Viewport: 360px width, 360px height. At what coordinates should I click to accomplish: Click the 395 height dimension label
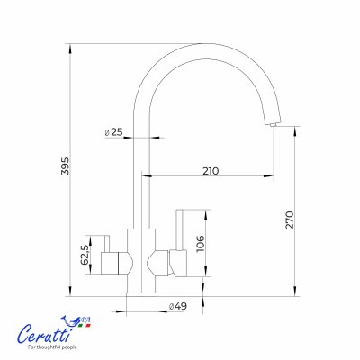pos(65,166)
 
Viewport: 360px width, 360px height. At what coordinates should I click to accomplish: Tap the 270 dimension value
pos(290,220)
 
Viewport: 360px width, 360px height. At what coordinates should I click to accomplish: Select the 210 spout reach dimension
pos(211,171)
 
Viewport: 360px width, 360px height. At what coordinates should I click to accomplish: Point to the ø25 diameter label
pos(114,132)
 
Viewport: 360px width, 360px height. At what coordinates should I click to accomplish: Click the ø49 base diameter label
pos(178,306)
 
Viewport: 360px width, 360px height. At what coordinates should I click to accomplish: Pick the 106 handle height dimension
pos(200,244)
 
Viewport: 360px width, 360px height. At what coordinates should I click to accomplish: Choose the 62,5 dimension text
pos(85,255)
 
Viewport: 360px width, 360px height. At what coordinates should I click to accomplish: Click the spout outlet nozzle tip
pos(273,124)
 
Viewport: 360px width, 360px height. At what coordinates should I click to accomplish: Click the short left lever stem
pos(107,244)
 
